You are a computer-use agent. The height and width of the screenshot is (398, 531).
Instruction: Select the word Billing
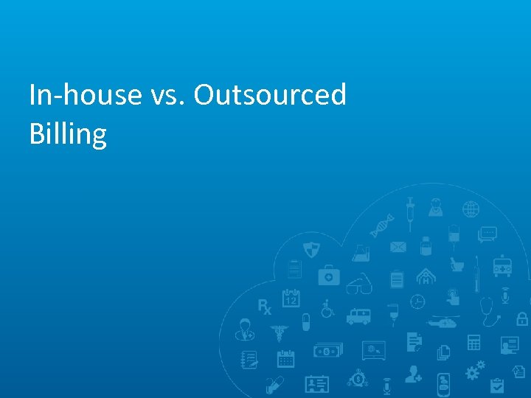click(68, 134)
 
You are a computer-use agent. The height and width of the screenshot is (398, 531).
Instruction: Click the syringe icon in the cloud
click(410, 210)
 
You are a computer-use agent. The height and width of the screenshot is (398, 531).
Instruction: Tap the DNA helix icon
click(381, 226)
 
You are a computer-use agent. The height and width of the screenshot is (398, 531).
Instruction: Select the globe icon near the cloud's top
click(471, 210)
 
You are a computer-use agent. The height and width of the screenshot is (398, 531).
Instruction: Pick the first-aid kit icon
click(328, 276)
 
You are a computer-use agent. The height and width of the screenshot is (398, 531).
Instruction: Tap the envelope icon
click(398, 247)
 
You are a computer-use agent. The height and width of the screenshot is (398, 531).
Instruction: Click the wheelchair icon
click(326, 308)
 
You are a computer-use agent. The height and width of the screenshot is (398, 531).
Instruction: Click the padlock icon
click(522, 318)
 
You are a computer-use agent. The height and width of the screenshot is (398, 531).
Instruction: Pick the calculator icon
click(473, 343)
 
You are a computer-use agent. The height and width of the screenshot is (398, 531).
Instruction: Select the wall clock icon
click(417, 301)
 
